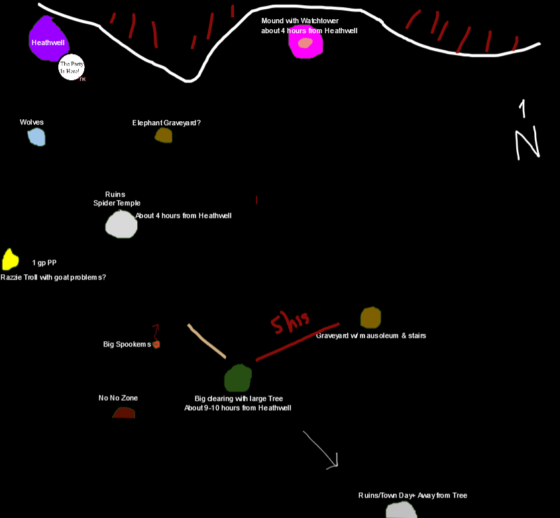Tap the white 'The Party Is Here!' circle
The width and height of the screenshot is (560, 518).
[72, 68]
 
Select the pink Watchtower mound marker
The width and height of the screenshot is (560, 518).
[306, 42]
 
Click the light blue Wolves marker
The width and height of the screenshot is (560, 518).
[36, 137]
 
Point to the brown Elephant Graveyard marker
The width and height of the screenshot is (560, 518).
[164, 135]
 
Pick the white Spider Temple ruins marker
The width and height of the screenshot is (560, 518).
[121, 224]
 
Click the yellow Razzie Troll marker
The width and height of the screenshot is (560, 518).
[10, 258]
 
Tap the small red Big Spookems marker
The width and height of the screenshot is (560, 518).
[156, 344]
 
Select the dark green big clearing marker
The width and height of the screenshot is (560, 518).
[238, 378]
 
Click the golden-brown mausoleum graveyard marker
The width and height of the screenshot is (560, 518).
[370, 317]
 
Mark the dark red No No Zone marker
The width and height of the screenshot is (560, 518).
[124, 413]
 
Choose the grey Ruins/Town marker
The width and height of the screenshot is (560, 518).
[401, 511]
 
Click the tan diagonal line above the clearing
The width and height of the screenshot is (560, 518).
[206, 341]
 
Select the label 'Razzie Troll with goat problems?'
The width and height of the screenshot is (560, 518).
[53, 278]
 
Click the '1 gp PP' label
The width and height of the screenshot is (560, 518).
[44, 263]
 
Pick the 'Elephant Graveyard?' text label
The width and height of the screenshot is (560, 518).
[166, 123]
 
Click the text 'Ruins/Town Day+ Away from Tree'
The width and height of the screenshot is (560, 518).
[412, 495]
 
